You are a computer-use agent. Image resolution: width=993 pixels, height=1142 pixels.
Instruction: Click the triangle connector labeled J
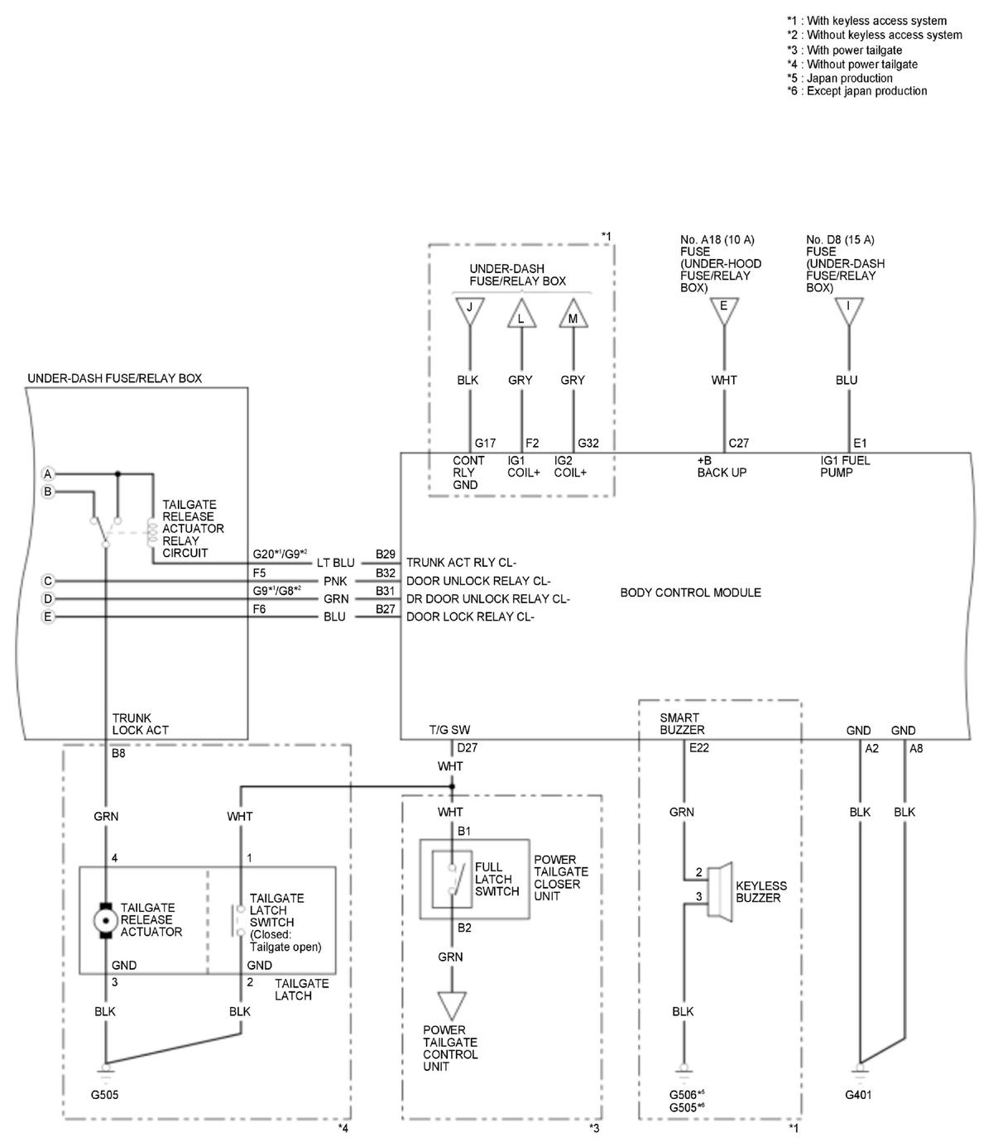470,310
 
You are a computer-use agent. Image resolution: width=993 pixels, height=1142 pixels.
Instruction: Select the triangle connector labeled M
572,317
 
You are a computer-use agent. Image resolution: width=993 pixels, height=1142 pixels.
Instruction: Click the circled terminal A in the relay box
48,474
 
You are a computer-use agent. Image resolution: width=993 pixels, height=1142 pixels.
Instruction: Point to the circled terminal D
48,598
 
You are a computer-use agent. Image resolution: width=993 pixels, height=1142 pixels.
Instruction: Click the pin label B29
385,554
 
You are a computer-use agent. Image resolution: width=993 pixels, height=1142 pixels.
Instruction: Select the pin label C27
738,443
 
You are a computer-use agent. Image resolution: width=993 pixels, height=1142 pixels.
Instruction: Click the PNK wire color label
334,581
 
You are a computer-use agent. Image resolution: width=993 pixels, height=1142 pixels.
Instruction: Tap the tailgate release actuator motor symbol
105,919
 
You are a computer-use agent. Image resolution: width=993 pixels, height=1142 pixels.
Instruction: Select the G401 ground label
858,1095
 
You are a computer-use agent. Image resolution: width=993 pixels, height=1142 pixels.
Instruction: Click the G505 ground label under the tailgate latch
104,1095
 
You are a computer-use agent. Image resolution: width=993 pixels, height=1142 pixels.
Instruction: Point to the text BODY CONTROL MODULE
690,593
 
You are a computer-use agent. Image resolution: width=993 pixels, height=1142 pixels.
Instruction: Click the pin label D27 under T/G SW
467,748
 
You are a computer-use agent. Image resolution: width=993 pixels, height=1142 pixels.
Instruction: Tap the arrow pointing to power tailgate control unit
451,1005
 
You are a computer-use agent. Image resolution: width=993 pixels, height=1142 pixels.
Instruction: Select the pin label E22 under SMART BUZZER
698,748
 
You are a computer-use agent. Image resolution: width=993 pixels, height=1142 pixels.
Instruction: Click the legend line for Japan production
839,78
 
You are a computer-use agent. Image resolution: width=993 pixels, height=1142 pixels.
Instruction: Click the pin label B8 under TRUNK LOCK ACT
118,754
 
